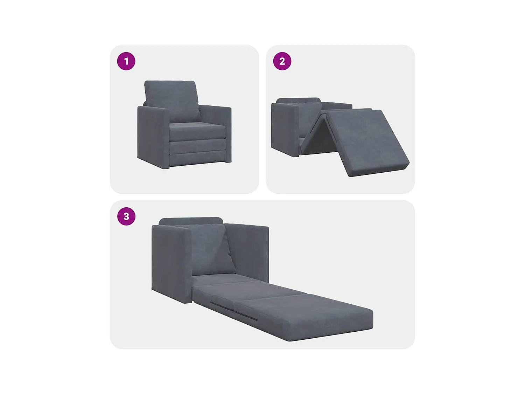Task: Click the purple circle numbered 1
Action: point(126,61)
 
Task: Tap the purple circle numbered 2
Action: point(282,61)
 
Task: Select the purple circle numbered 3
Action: point(126,216)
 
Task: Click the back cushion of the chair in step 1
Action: point(171,96)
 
